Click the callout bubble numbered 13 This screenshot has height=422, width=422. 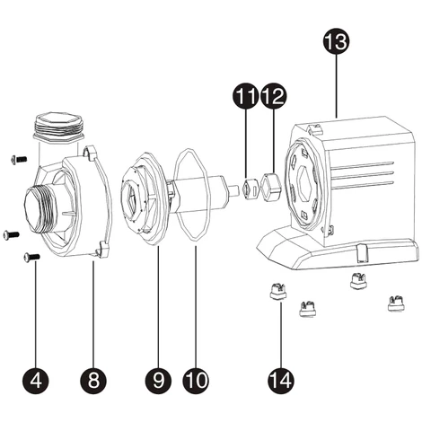(x=336, y=41)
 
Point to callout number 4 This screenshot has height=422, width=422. (x=35, y=380)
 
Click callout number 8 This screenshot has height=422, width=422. (x=92, y=380)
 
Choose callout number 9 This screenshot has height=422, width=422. (x=159, y=380)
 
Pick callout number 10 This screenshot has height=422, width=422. (x=194, y=380)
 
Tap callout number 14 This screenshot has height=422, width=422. (x=282, y=380)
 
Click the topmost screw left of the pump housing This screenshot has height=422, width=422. (x=14, y=159)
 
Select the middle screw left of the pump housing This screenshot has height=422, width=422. (x=10, y=234)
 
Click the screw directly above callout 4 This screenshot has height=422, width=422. (x=33, y=258)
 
